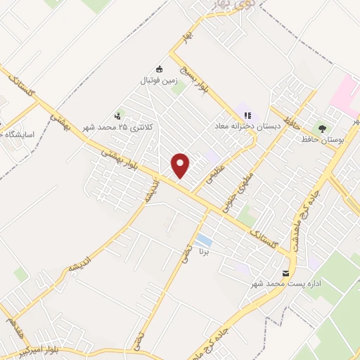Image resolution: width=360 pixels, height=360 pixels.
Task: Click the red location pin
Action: click(x=181, y=165)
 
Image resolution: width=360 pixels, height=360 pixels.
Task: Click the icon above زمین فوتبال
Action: click(x=160, y=69)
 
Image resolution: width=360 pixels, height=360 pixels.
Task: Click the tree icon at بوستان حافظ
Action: click(x=323, y=129)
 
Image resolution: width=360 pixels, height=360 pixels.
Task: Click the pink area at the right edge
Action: click(x=346, y=95)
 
